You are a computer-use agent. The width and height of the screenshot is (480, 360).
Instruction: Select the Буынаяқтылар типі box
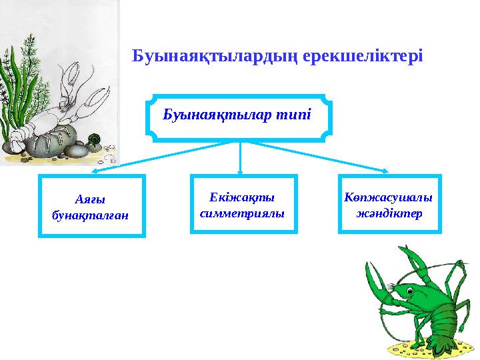tap(239, 117)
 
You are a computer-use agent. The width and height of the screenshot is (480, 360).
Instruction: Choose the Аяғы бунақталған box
tap(91, 206)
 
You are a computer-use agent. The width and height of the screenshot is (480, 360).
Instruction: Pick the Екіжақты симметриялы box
tap(243, 204)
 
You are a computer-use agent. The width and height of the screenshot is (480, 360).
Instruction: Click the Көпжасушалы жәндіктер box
tap(389, 204)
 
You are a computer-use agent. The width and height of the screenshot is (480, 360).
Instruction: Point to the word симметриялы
tap(243, 213)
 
